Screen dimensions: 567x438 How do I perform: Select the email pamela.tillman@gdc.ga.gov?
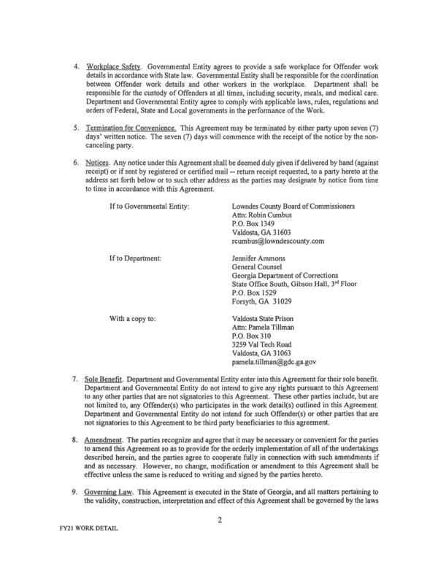(274, 360)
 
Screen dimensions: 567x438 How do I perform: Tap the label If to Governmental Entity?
(150, 207)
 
